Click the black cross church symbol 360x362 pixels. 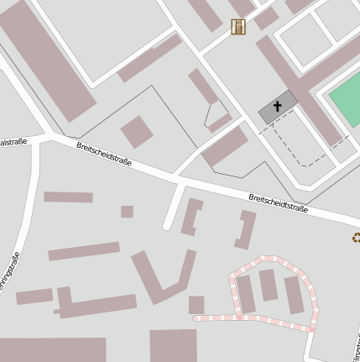click(x=278, y=107)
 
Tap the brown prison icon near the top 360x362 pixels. click(x=239, y=27)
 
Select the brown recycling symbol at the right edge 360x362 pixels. click(x=356, y=238)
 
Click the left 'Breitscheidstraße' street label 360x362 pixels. click(x=104, y=156)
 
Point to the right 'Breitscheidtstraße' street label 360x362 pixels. click(x=278, y=203)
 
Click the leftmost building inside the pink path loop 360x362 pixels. click(x=246, y=294)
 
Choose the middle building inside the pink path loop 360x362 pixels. click(x=268, y=285)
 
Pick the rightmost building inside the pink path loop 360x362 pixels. click(x=293, y=295)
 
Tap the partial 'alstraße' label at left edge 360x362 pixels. click(x=13, y=142)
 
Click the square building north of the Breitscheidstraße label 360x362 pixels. click(x=137, y=132)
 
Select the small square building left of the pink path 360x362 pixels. click(x=196, y=304)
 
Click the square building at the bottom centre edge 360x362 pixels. click(x=173, y=345)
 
